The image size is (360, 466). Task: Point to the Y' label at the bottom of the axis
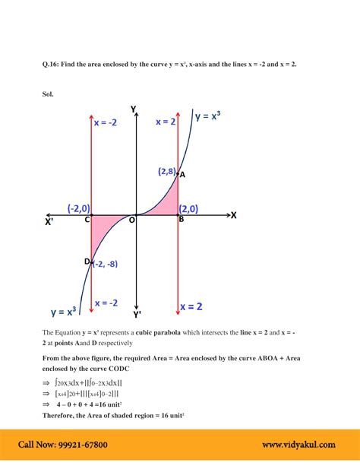pos(137,313)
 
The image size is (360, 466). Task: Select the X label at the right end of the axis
pos(234,215)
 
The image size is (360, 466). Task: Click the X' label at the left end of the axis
pos(49,223)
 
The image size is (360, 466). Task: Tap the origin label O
pos(131,220)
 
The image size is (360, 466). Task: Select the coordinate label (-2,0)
pos(78,208)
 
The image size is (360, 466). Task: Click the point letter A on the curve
pos(182,174)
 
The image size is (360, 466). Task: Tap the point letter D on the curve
pos(87,262)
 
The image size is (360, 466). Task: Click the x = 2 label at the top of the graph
pos(166,122)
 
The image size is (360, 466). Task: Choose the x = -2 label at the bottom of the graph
pos(106,303)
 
